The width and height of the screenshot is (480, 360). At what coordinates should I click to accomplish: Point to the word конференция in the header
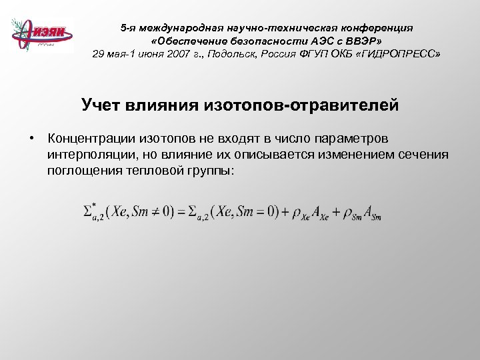tap(378, 28)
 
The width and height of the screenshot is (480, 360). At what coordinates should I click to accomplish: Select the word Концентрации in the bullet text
tap(91, 139)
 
